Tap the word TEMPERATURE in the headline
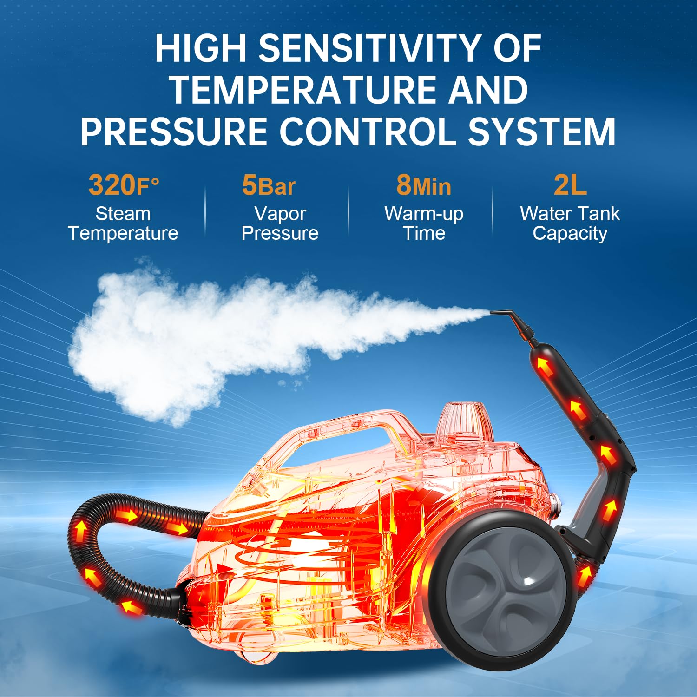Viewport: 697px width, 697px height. (x=303, y=90)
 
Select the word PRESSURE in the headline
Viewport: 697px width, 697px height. (x=174, y=132)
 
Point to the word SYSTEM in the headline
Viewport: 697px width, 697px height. (x=542, y=132)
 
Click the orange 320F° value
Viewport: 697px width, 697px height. (x=124, y=185)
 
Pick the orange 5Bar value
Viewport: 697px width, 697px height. (x=269, y=185)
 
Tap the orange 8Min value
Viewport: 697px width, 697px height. (x=423, y=185)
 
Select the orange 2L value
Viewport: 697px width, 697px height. (x=570, y=185)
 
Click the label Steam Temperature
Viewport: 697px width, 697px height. (x=123, y=224)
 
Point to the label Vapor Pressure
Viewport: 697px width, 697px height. (x=280, y=224)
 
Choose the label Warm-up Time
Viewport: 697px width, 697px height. (x=424, y=224)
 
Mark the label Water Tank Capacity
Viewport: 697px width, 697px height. (x=570, y=224)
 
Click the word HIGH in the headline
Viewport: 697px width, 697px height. (x=201, y=48)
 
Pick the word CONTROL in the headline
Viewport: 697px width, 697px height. (x=368, y=132)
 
